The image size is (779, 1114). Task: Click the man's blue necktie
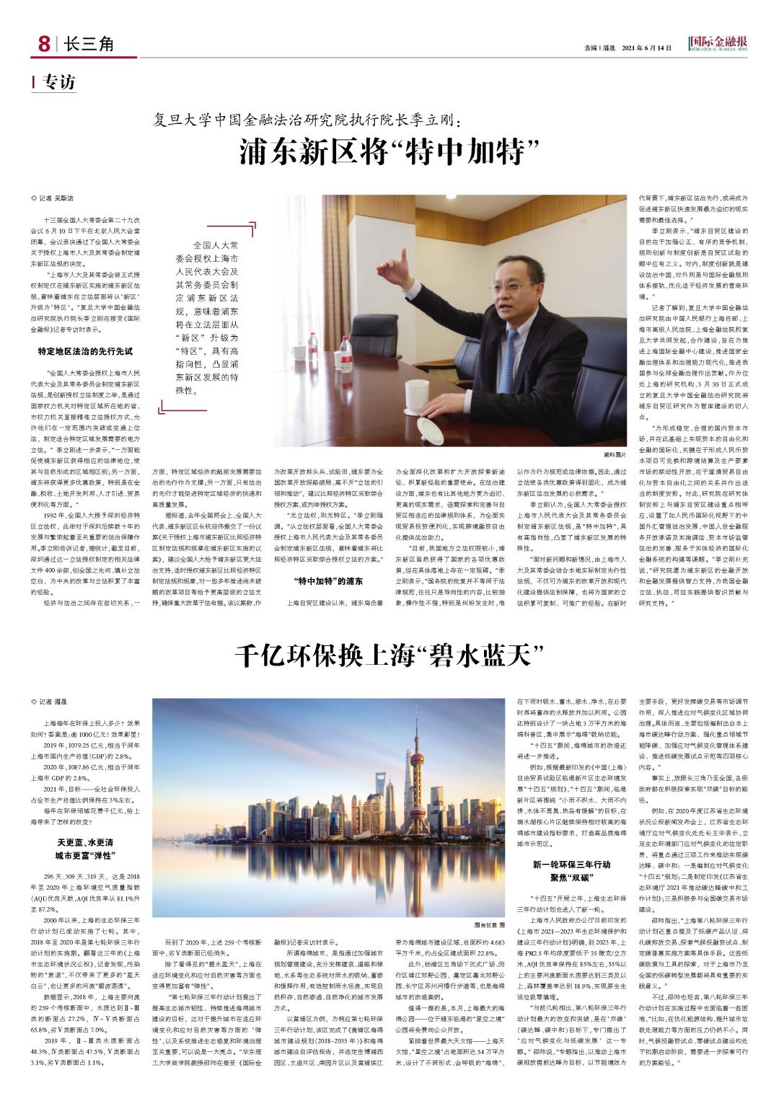point(513,347)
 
